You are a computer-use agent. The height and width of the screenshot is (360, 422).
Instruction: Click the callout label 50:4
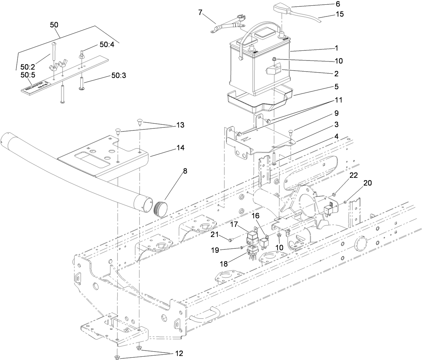pos(107,45)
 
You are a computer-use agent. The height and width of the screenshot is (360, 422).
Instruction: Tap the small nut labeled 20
pos(345,202)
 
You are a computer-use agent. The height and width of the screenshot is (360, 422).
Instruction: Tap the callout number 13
pos(180,125)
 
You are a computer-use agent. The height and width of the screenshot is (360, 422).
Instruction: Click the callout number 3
pos(336,125)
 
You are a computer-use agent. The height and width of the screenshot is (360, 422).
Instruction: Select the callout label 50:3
pos(119,76)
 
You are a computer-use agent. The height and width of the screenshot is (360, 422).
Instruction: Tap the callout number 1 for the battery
pos(336,48)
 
